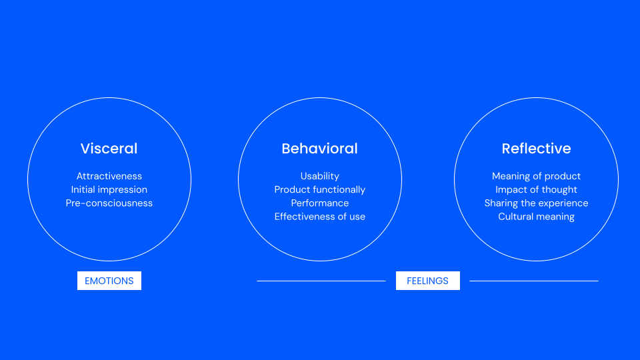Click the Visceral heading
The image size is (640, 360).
(109, 149)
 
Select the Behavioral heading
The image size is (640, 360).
(319, 149)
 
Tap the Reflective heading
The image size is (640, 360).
(536, 149)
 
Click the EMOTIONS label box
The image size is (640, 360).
(109, 281)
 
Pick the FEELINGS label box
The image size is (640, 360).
(427, 281)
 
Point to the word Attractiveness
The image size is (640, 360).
(109, 176)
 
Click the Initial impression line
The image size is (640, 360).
(109, 189)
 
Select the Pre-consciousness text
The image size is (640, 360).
(109, 203)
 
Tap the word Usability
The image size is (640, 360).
(319, 176)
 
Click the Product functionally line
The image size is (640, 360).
(319, 189)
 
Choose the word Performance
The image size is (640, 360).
(319, 203)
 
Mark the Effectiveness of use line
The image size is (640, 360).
(319, 216)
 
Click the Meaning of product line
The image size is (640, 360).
(536, 176)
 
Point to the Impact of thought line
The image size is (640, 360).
(536, 189)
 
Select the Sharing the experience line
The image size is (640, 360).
(536, 203)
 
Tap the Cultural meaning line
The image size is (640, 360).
(536, 216)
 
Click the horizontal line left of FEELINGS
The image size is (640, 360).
(321, 281)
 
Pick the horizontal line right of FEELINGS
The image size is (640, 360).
(533, 281)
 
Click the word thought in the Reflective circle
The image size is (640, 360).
(559, 189)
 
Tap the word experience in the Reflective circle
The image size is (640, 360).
(563, 203)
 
